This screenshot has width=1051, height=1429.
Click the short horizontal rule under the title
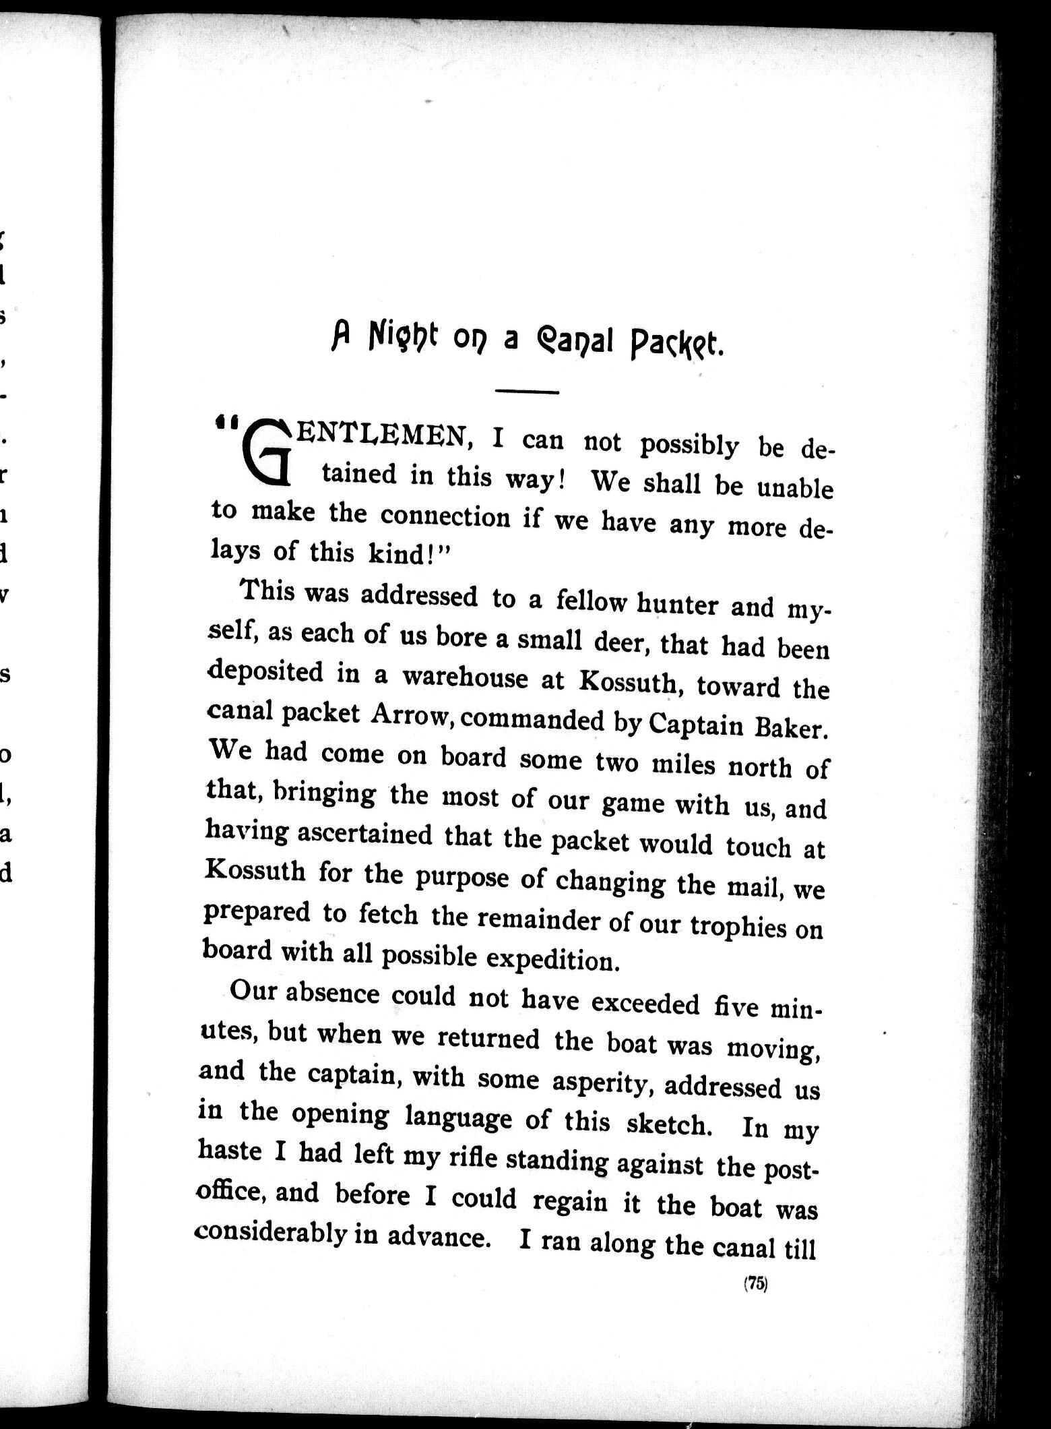pyautogui.click(x=528, y=392)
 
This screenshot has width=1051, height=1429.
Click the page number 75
pyautogui.click(x=756, y=1284)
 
